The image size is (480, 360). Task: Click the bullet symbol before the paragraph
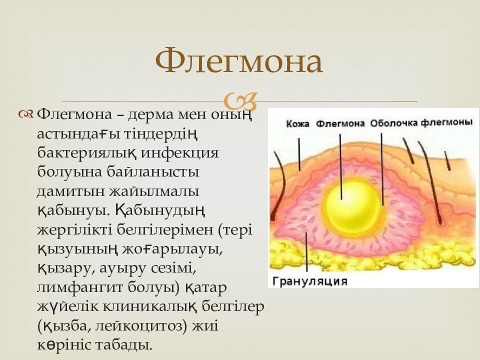coord(27,114)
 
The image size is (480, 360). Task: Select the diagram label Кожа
coord(298,124)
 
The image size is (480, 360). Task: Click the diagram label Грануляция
coord(310,281)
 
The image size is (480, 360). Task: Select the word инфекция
coord(181,152)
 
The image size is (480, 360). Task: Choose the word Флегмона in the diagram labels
coord(340,124)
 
